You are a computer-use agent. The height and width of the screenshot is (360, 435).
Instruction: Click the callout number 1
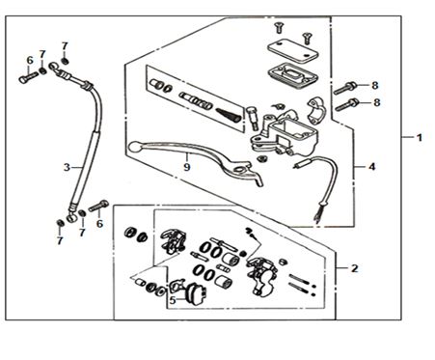coord(419,138)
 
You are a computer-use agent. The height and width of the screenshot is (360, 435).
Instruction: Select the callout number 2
coord(354,268)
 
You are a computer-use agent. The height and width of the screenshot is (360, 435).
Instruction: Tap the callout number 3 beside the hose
coord(67,167)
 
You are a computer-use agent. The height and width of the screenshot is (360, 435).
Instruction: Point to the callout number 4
coord(371,167)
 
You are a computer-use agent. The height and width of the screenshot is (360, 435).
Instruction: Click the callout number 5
coord(173,301)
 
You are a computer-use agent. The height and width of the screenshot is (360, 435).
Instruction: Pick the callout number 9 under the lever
coord(187,167)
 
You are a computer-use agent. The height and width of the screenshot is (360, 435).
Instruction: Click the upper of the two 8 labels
coord(375,86)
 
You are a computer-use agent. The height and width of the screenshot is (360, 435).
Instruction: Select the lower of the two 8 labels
coord(377,102)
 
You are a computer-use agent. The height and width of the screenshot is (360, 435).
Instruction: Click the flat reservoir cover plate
coord(291,51)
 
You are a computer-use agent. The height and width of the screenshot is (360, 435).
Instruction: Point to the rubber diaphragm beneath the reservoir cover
coord(292,76)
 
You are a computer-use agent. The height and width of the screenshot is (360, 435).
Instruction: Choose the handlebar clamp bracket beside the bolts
coord(316,110)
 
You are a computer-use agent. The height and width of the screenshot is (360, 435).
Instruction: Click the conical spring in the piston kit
coord(228,115)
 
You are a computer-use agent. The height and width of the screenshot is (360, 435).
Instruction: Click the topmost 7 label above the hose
coord(65,46)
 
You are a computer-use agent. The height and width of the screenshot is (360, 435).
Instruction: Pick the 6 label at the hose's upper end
coord(30,60)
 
